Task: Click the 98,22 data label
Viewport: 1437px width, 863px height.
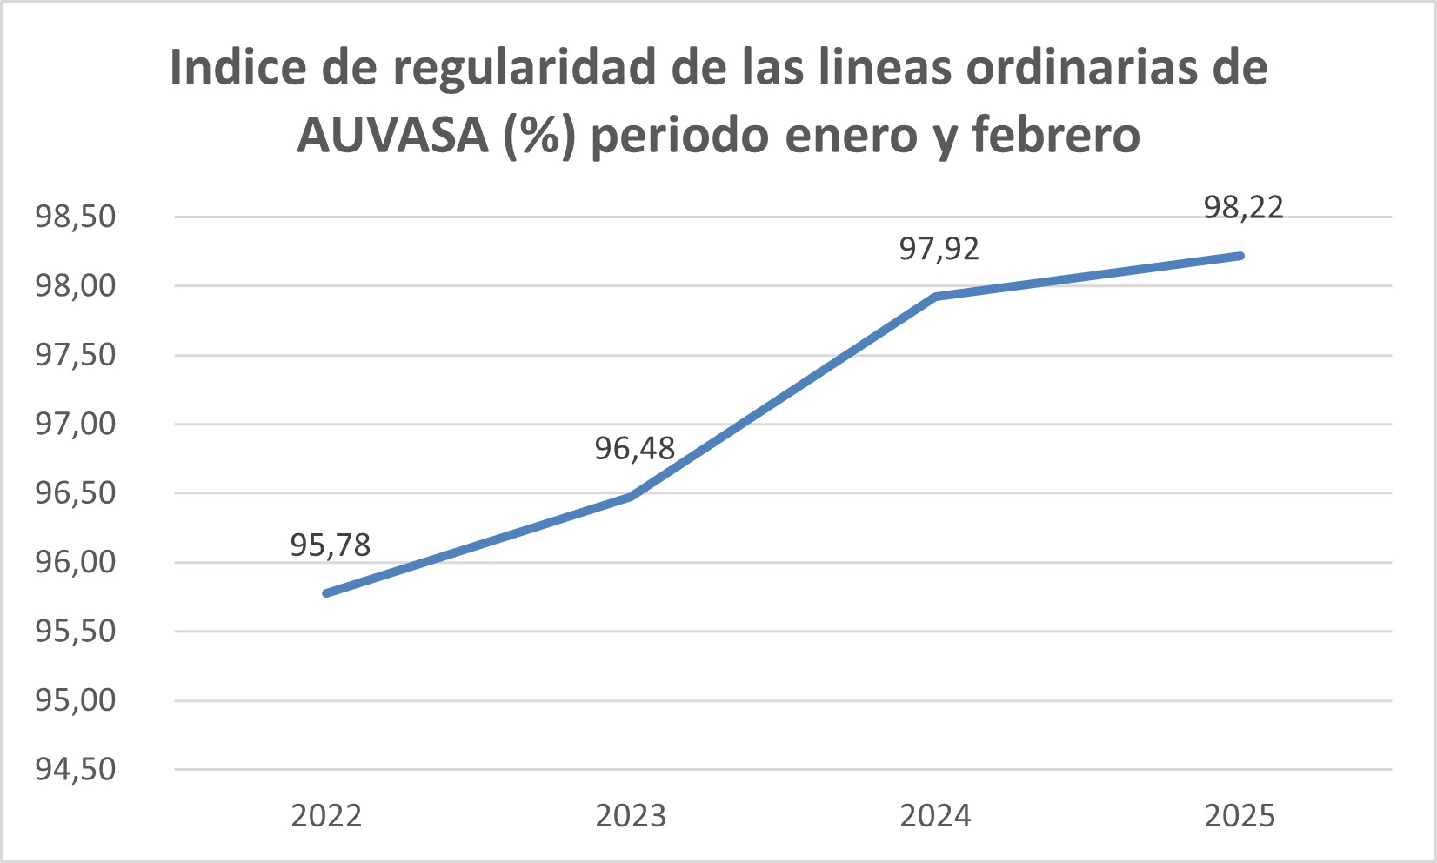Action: pyautogui.click(x=1243, y=208)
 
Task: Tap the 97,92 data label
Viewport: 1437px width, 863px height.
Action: pyautogui.click(x=939, y=250)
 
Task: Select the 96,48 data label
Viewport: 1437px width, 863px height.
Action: pyautogui.click(x=634, y=449)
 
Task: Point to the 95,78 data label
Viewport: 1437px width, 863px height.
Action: pyautogui.click(x=330, y=545)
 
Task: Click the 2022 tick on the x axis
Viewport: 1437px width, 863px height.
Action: pyautogui.click(x=326, y=816)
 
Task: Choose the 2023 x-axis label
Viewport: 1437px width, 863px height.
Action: pyautogui.click(x=631, y=816)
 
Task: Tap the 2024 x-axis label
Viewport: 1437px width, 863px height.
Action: pyautogui.click(x=935, y=816)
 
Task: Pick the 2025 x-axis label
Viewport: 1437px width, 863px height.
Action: pyautogui.click(x=1240, y=816)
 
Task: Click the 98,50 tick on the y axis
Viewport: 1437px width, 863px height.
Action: pyautogui.click(x=75, y=217)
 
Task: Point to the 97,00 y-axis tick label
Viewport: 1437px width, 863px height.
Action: pyautogui.click(x=75, y=425)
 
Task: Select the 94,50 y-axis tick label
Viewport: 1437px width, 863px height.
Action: pyautogui.click(x=75, y=769)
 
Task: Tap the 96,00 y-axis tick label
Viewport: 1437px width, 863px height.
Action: pyautogui.click(x=75, y=562)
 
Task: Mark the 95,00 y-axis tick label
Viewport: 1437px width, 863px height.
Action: pyautogui.click(x=75, y=700)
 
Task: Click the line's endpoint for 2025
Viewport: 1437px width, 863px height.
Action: pyautogui.click(x=1240, y=256)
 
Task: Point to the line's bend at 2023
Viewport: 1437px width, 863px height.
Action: pyautogui.click(x=631, y=496)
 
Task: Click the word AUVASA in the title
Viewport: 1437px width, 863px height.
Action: pyautogui.click(x=392, y=136)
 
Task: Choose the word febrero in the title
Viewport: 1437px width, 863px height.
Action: pyautogui.click(x=1055, y=136)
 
